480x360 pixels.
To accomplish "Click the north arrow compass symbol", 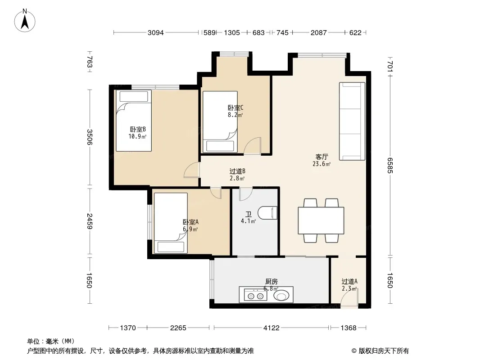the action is pyautogui.click(x=25, y=21).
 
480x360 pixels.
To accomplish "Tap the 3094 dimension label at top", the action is pyautogui.click(x=155, y=33).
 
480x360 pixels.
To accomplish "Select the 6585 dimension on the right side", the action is pyautogui.click(x=389, y=166).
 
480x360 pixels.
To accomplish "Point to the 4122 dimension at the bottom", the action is pyautogui.click(x=271, y=328).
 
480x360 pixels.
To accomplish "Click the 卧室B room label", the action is pyautogui.click(x=138, y=130).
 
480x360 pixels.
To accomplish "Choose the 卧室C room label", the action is pyautogui.click(x=235, y=108).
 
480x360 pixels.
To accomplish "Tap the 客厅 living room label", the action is pyautogui.click(x=322, y=157).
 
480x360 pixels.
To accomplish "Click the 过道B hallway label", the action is pyautogui.click(x=237, y=171).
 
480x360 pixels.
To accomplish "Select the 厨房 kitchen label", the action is pyautogui.click(x=271, y=281).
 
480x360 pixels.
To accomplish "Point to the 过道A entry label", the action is pyautogui.click(x=349, y=281).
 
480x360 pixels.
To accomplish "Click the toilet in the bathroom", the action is pyautogui.click(x=267, y=213).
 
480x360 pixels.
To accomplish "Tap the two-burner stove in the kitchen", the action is pyautogui.click(x=256, y=296).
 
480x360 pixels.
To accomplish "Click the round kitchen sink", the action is pyautogui.click(x=281, y=296).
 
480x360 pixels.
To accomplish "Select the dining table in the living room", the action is pyautogui.click(x=321, y=220).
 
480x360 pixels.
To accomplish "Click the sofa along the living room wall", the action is pyautogui.click(x=352, y=121).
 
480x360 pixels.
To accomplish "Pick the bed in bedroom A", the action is pyautogui.click(x=171, y=223).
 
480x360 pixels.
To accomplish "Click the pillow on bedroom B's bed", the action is pyautogui.click(x=134, y=97).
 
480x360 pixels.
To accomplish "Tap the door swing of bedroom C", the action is pyautogui.click(x=253, y=146).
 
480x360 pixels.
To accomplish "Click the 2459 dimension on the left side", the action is pyautogui.click(x=89, y=221).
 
